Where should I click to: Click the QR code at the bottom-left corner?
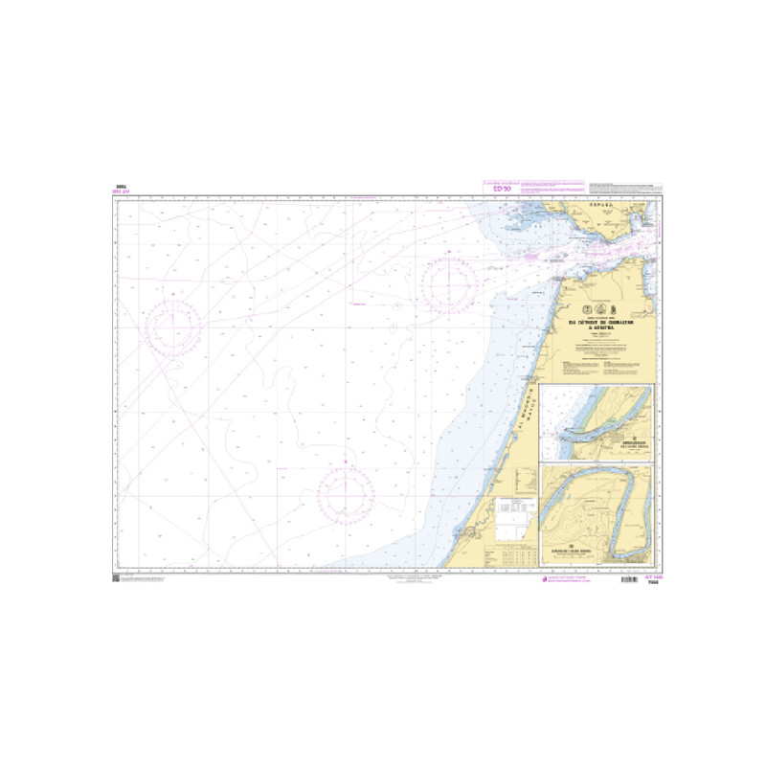coord(116,580)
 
